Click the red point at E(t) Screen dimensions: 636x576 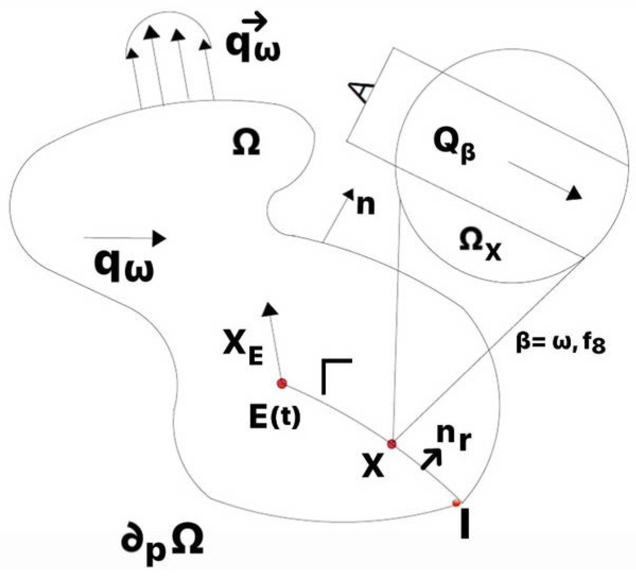pyautogui.click(x=282, y=383)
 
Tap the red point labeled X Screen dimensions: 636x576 pyautogui.click(x=392, y=444)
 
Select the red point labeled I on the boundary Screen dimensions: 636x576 pyautogui.click(x=456, y=502)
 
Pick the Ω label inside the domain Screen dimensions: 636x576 pyautogui.click(x=246, y=144)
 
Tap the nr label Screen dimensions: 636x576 pyautogui.click(x=454, y=439)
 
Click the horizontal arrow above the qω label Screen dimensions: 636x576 pyautogui.click(x=125, y=238)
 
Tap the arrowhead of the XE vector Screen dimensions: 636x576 pyautogui.click(x=270, y=309)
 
